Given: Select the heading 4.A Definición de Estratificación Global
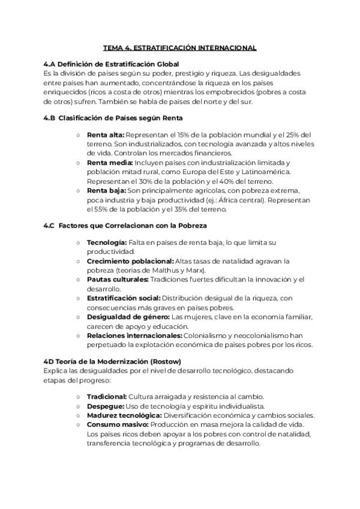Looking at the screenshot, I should [x=112, y=64].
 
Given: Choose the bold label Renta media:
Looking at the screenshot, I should [x=110, y=163].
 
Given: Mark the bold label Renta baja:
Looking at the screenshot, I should [x=107, y=190].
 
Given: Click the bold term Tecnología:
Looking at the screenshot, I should [x=107, y=242].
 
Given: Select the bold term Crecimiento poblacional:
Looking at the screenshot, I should [x=130, y=261].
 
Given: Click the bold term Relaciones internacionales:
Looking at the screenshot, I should [x=134, y=335].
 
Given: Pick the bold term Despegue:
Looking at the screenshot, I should [x=105, y=406].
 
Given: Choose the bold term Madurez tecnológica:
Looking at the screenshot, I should [x=124, y=415].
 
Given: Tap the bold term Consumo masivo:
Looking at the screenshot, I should [x=115, y=424].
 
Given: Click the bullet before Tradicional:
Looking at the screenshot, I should [x=79, y=397].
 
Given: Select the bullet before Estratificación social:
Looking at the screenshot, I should [x=79, y=298].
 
